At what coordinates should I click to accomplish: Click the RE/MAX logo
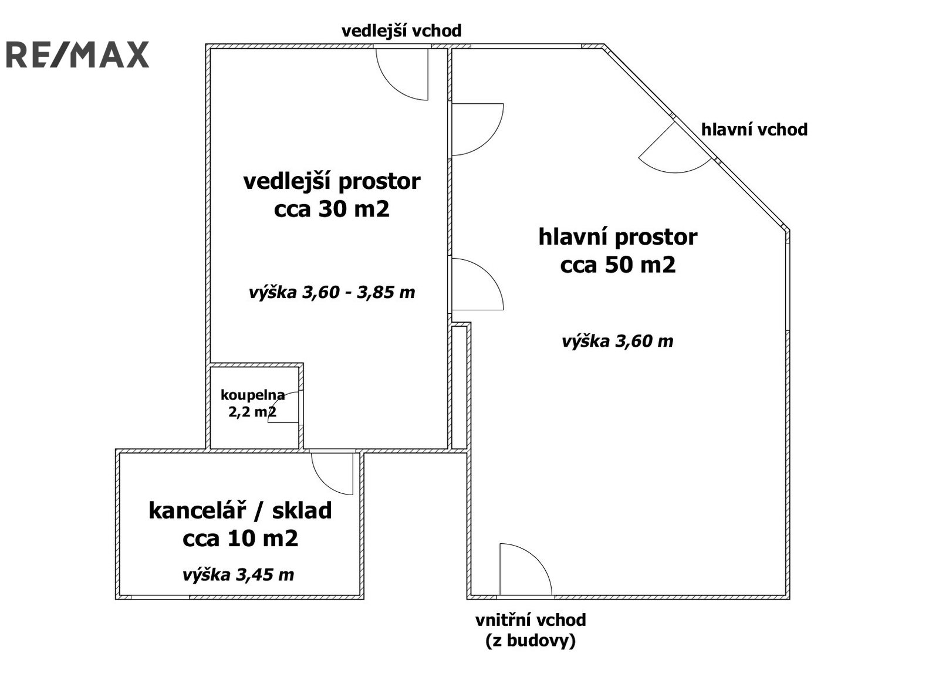pyautogui.click(x=77, y=55)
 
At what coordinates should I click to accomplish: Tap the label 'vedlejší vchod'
pyautogui.click(x=401, y=31)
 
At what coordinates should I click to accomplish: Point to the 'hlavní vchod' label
pyautogui.click(x=754, y=130)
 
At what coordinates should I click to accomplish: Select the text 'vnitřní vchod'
pyautogui.click(x=531, y=620)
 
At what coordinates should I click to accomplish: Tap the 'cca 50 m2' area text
pyautogui.click(x=618, y=265)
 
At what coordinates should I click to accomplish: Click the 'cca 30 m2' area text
pyautogui.click(x=332, y=209)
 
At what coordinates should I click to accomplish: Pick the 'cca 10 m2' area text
pyautogui.click(x=240, y=539)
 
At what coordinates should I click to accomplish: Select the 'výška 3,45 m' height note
pyautogui.click(x=238, y=575)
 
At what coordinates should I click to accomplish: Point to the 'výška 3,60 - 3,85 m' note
pyautogui.click(x=332, y=292)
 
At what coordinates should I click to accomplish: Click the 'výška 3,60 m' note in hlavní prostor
pyautogui.click(x=617, y=341)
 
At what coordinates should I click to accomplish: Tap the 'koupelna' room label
pyautogui.click(x=252, y=395)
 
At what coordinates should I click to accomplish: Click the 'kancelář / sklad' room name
pyautogui.click(x=240, y=510)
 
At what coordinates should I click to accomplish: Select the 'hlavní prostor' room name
pyautogui.click(x=618, y=237)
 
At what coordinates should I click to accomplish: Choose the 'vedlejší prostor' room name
pyautogui.click(x=332, y=182)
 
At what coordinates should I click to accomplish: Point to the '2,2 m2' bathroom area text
pyautogui.click(x=252, y=412)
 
